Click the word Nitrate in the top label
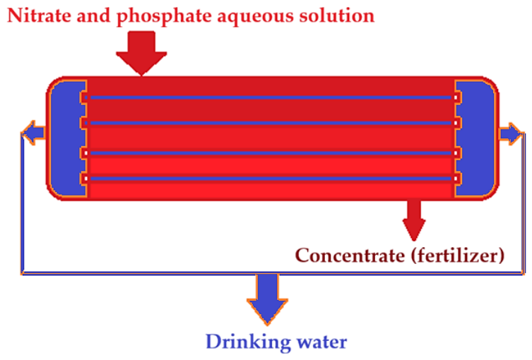point(39,16)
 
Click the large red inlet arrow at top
point(141,53)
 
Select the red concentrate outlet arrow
point(414,220)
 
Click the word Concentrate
point(350,255)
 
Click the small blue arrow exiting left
point(33,133)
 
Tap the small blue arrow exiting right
point(511,133)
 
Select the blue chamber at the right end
point(475,138)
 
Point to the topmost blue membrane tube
point(271,97)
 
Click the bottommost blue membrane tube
point(271,179)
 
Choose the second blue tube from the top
point(271,123)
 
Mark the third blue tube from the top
point(271,153)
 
